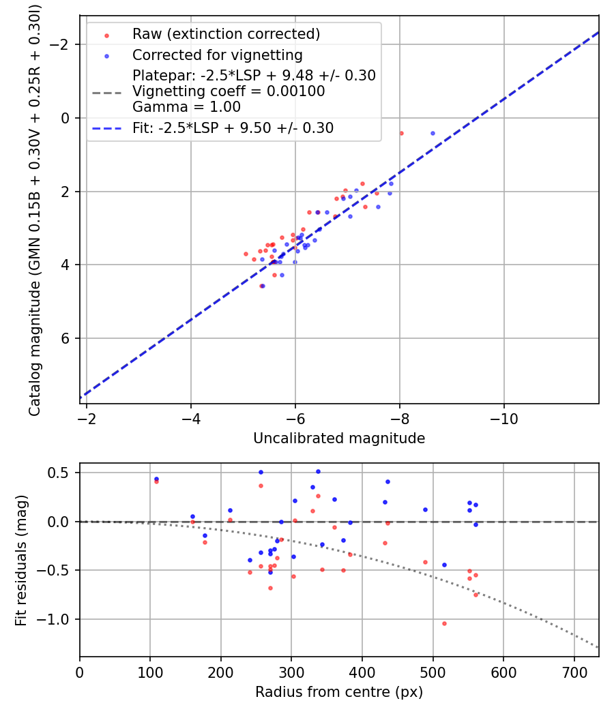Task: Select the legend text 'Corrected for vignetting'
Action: point(218,55)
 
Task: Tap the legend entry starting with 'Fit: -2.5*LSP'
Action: point(233,128)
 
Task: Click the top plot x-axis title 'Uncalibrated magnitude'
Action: point(339,438)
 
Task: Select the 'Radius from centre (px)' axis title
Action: point(339,692)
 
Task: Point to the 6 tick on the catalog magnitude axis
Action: point(66,338)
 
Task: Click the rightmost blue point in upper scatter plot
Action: point(433,134)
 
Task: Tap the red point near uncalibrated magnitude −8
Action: point(401,133)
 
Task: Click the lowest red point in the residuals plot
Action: point(444,623)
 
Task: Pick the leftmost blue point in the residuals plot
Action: point(156,479)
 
